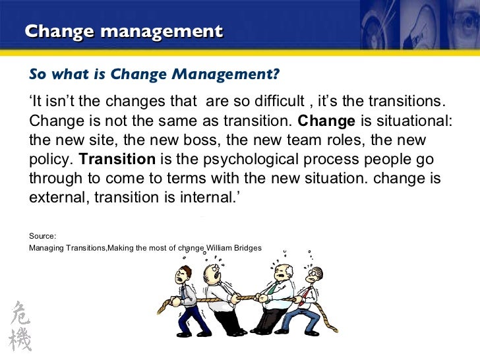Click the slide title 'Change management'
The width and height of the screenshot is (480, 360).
(123, 31)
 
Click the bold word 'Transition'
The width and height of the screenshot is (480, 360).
(117, 160)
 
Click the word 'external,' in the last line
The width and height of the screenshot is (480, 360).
(59, 198)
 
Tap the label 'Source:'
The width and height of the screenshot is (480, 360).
(43, 235)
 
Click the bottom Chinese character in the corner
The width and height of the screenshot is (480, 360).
(20, 340)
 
